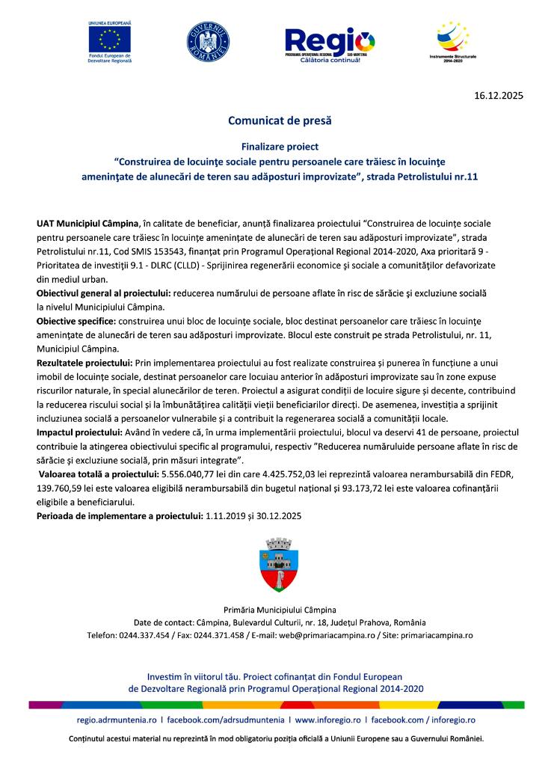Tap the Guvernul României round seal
(x=208, y=42)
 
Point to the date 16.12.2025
(x=499, y=95)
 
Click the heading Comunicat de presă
(x=279, y=120)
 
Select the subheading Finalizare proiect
(x=279, y=147)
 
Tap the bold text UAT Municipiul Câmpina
(x=87, y=223)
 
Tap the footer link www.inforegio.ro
(x=327, y=720)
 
